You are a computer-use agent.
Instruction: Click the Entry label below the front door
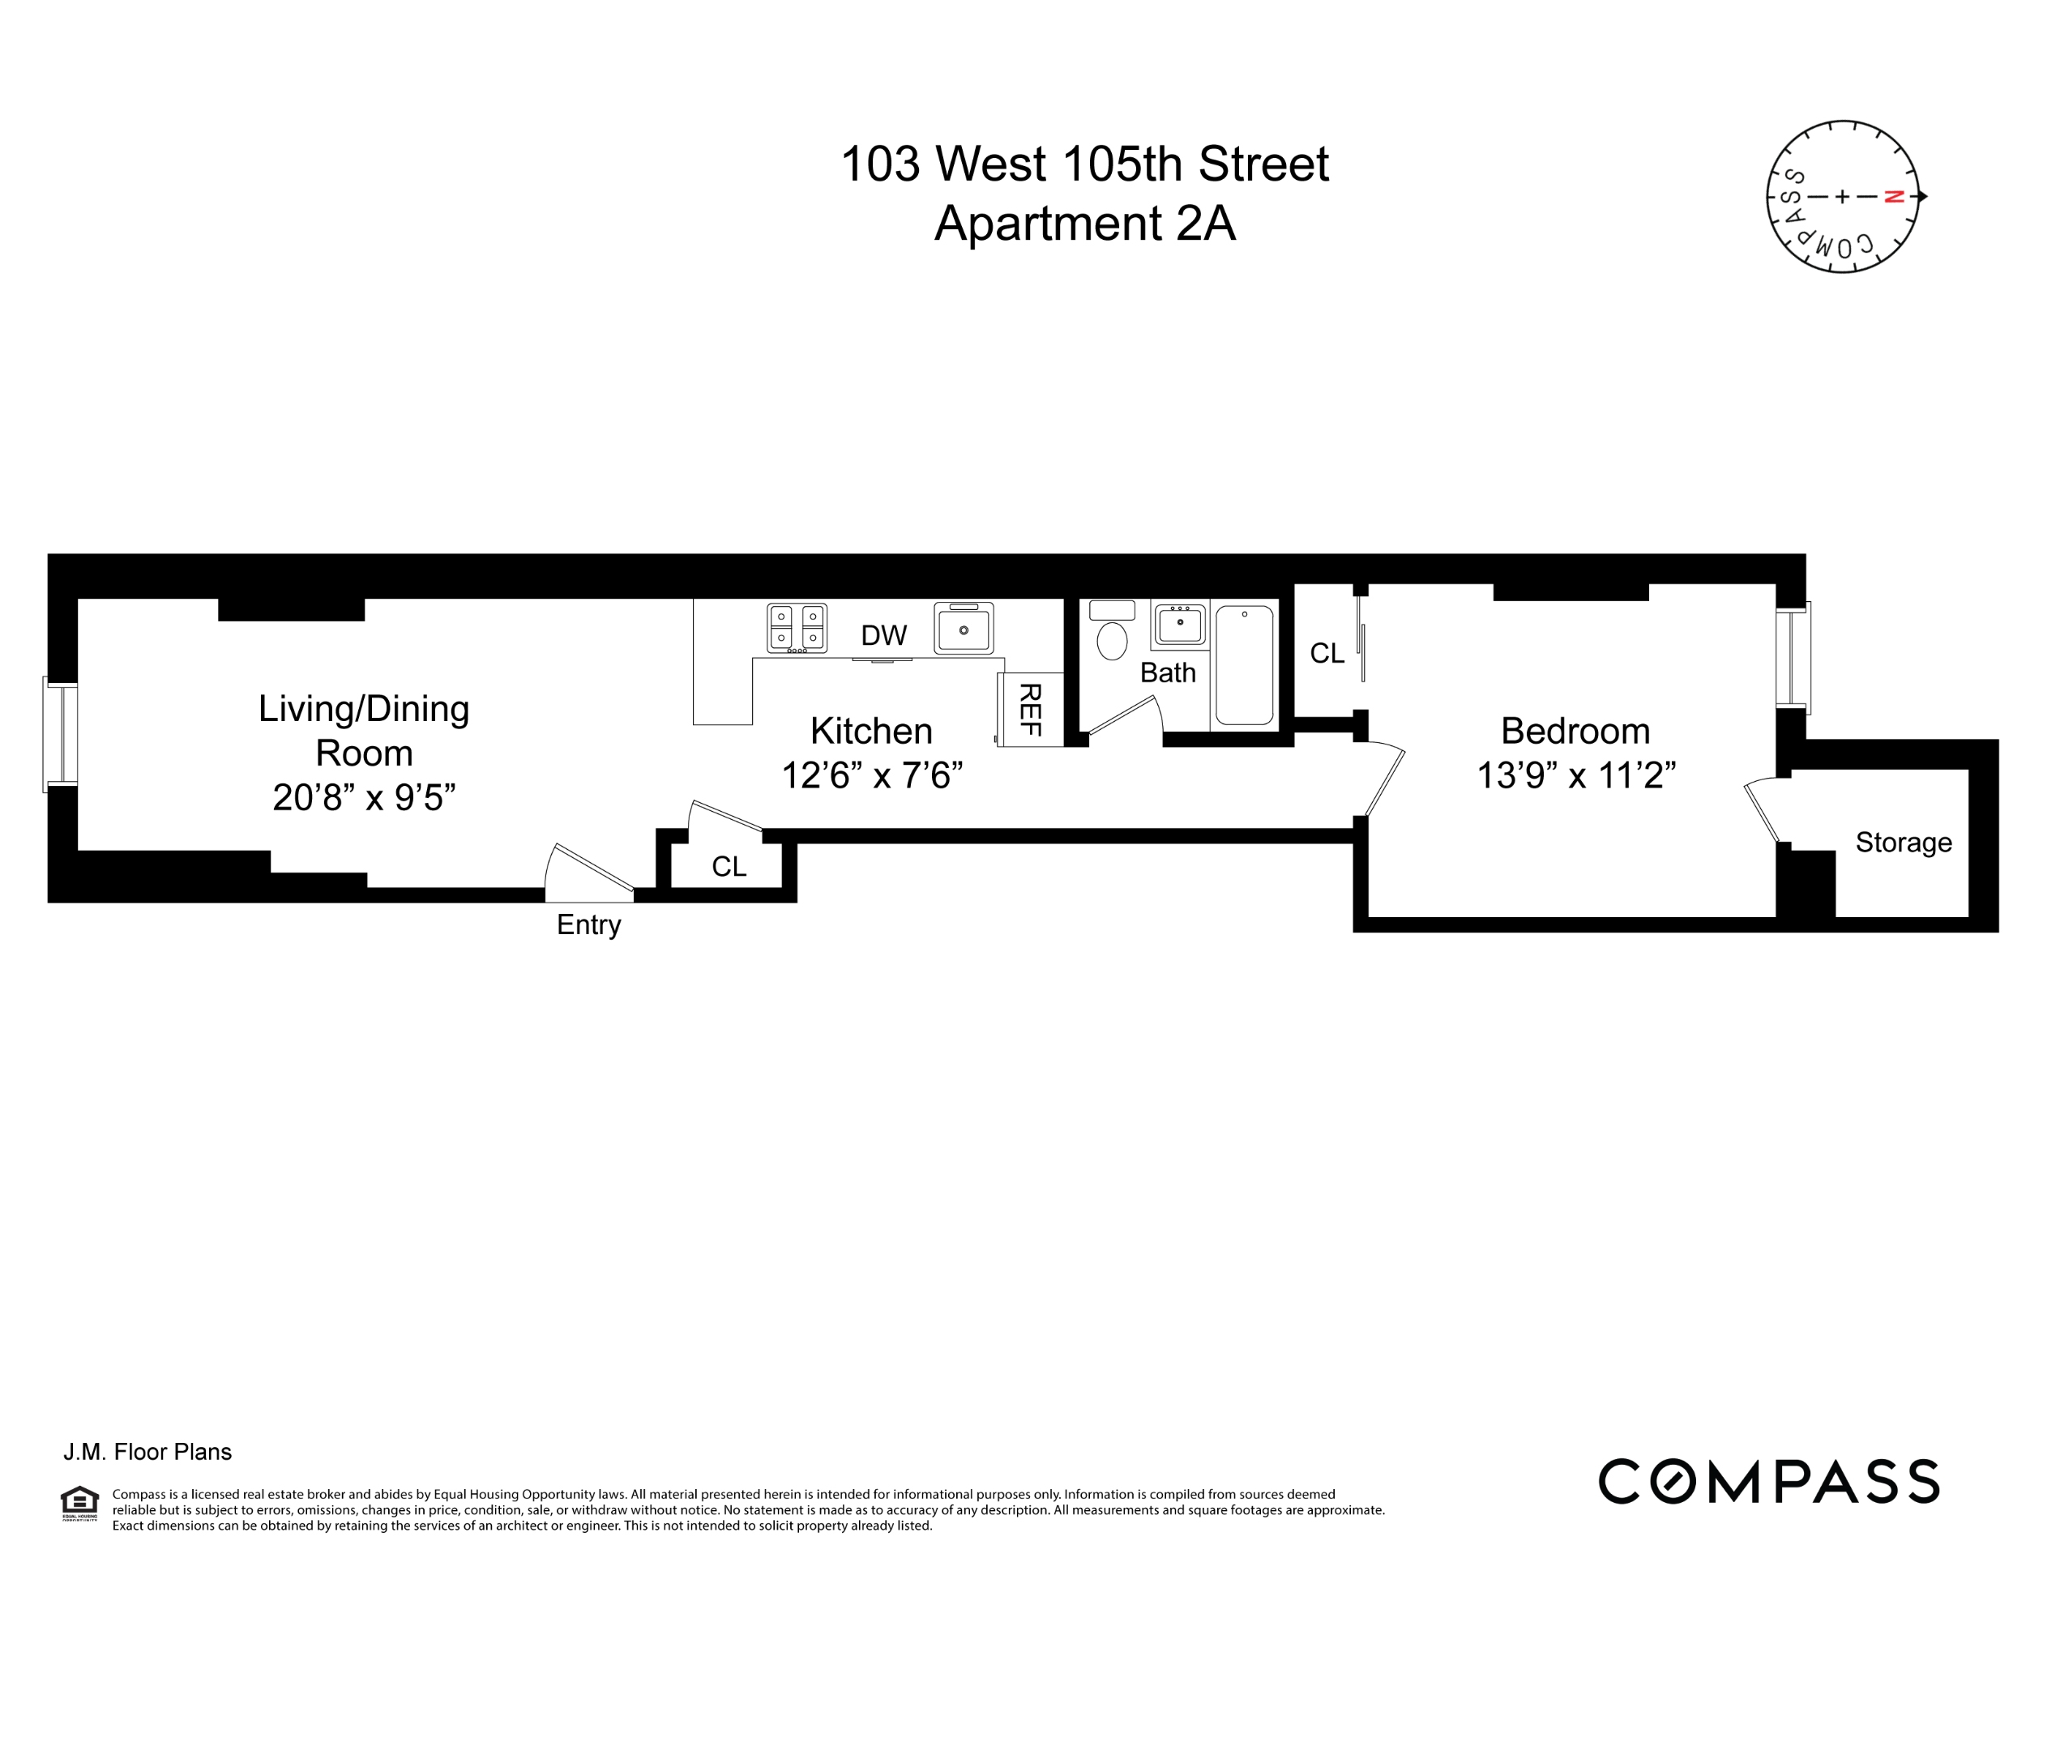tap(588, 924)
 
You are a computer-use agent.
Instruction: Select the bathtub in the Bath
tap(1243, 664)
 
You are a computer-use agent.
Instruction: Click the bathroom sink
tap(1179, 625)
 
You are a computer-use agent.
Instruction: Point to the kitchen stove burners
tap(797, 628)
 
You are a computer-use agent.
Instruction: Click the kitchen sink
tap(963, 629)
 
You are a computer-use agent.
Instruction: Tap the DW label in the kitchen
tap(883, 636)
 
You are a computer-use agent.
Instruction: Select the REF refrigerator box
tap(1030, 710)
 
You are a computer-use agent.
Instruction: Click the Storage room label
tap(1902, 843)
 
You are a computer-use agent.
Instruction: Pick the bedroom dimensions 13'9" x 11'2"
tap(1575, 775)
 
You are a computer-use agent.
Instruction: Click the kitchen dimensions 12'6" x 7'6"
tap(871, 775)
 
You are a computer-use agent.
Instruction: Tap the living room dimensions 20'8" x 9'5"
tap(363, 796)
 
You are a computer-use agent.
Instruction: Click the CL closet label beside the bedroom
tap(1327, 653)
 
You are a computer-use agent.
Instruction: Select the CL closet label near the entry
tap(729, 866)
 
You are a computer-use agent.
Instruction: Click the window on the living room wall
tap(61, 734)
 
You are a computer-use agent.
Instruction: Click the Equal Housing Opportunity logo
tap(79, 1504)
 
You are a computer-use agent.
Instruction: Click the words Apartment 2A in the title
tap(1083, 224)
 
